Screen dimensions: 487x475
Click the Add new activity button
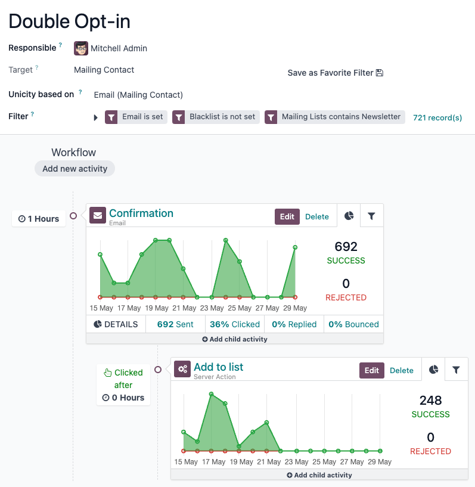(x=74, y=169)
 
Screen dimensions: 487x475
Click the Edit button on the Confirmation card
(x=287, y=216)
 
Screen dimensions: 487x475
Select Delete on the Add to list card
(x=401, y=370)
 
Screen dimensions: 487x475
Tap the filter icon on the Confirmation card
(x=371, y=216)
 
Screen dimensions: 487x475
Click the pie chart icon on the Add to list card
(x=433, y=370)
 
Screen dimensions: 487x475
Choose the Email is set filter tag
(x=136, y=117)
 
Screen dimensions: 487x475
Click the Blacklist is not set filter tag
(x=216, y=117)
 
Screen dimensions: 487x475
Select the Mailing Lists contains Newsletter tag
(x=334, y=117)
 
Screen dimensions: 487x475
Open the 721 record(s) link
(x=437, y=117)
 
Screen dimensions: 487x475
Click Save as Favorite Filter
(x=335, y=73)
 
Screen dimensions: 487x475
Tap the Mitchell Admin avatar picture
(x=81, y=48)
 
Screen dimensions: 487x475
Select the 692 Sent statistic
(x=175, y=324)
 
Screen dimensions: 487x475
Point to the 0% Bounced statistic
(x=353, y=324)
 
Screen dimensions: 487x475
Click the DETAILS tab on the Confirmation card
(x=116, y=324)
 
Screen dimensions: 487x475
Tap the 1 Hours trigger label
(x=39, y=219)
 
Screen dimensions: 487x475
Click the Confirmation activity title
(x=141, y=213)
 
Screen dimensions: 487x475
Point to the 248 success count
(x=430, y=400)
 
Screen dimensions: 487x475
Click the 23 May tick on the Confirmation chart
(x=212, y=308)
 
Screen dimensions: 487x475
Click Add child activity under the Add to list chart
(x=319, y=475)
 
